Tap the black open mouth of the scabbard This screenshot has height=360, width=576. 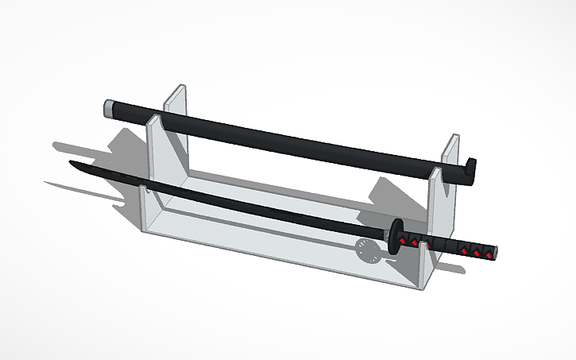[471, 168]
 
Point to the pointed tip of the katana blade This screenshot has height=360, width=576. [72, 164]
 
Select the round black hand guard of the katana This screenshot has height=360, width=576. [394, 236]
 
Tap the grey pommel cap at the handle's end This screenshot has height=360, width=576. [493, 254]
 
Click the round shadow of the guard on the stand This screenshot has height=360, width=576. [367, 250]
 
